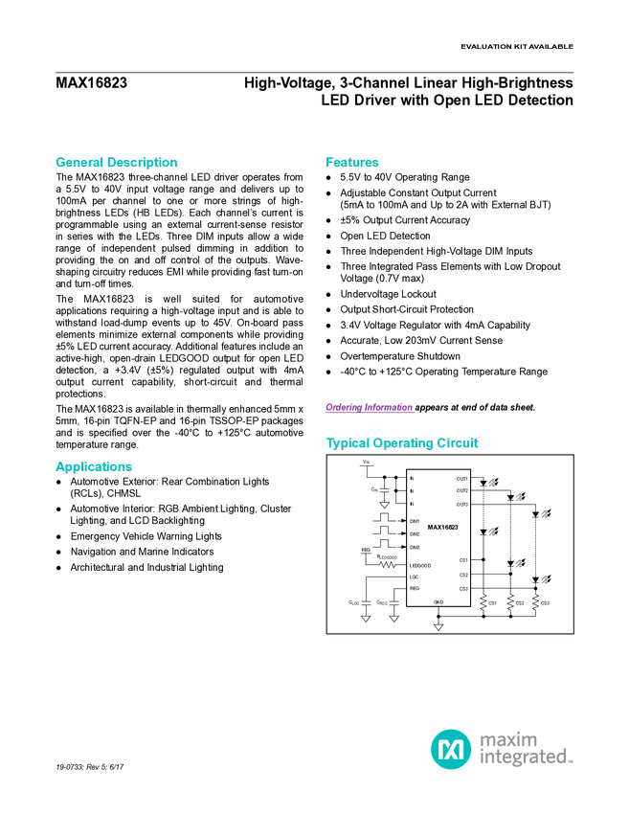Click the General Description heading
[x=117, y=163]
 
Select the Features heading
[x=352, y=163]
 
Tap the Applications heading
[x=94, y=467]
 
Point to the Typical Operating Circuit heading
[x=402, y=444]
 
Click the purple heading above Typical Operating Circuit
[x=370, y=409]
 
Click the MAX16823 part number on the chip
[x=442, y=527]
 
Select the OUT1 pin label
[x=462, y=478]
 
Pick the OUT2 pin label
[x=462, y=490]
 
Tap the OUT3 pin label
[x=462, y=504]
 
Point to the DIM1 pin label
[x=415, y=521]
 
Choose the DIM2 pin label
[x=415, y=533]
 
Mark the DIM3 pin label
[x=415, y=547]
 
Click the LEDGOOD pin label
[x=420, y=565]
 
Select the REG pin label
[x=415, y=588]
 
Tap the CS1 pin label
[x=463, y=559]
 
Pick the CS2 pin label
[x=463, y=575]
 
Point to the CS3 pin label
[x=463, y=588]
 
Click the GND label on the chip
[x=438, y=601]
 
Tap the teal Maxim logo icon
[x=450, y=748]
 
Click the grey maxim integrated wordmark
[x=526, y=748]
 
